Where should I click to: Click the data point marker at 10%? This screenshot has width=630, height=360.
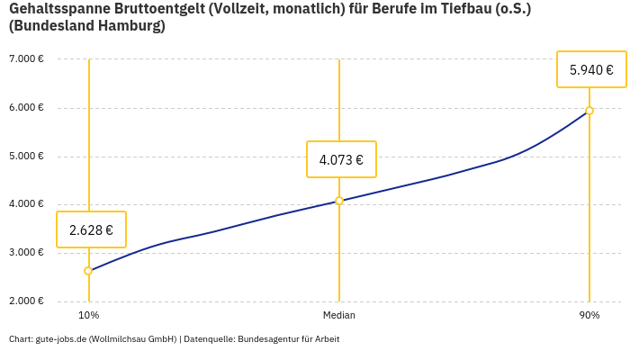tap(88, 271)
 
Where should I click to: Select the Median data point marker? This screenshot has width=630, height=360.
tap(339, 201)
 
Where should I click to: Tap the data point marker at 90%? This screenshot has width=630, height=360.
tap(589, 111)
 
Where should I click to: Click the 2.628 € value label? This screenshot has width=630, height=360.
tap(91, 229)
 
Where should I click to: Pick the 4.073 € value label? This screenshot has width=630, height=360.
tap(341, 160)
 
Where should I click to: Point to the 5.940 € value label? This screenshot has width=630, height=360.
tap(591, 69)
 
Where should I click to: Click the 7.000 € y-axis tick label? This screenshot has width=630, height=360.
tap(26, 59)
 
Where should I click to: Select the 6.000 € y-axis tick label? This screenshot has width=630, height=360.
tap(26, 108)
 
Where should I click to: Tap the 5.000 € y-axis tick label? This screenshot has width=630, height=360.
tap(26, 156)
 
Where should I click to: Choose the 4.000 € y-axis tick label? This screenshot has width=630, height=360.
tap(26, 204)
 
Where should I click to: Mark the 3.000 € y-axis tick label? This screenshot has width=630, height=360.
tap(26, 252)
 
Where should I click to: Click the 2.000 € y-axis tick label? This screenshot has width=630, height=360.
tap(26, 301)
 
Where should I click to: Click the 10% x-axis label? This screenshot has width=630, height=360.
tap(89, 316)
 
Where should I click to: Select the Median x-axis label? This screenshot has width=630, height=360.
tap(339, 316)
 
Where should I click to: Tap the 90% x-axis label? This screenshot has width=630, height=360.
tap(589, 316)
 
